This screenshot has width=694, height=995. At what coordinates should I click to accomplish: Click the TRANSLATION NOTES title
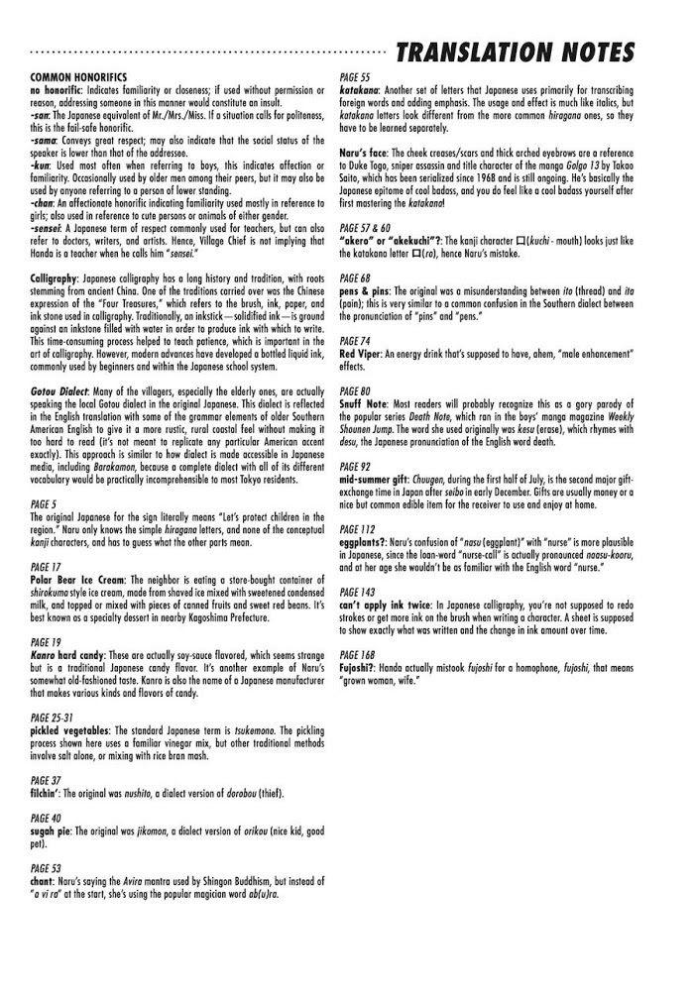[515, 52]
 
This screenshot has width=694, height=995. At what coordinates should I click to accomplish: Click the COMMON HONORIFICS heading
[78, 76]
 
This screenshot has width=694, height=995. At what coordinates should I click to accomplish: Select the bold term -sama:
[45, 139]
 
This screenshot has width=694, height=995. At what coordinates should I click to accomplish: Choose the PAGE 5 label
[45, 503]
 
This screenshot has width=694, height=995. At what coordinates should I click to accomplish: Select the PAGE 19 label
[47, 643]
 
